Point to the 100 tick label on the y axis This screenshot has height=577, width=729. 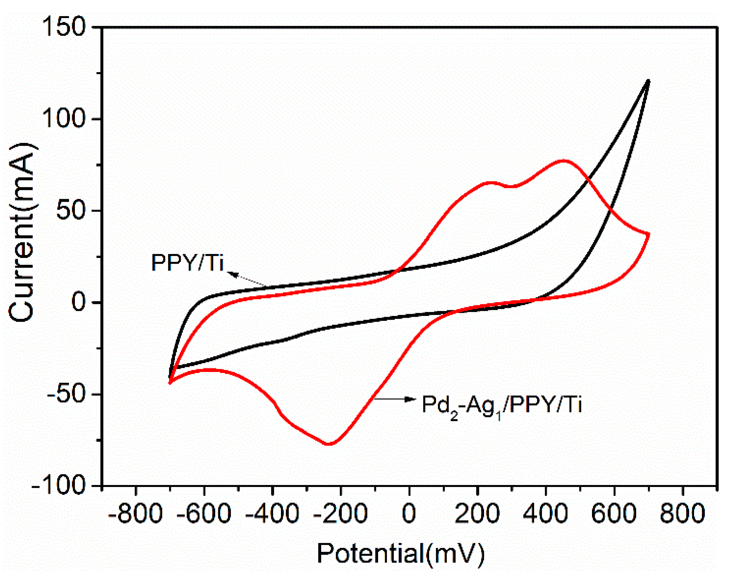click(63, 119)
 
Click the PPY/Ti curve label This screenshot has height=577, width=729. click(188, 262)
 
